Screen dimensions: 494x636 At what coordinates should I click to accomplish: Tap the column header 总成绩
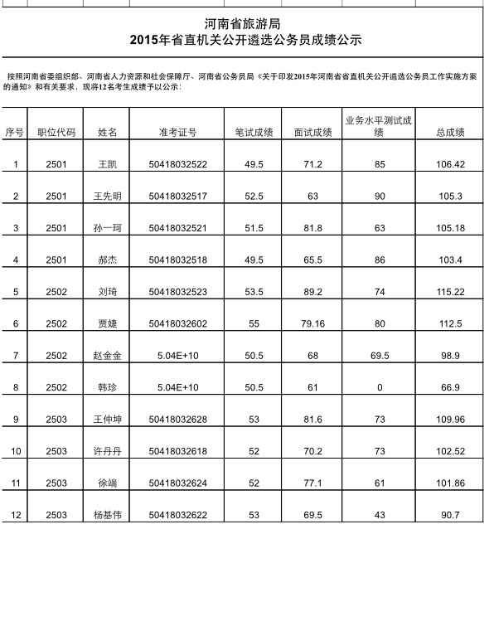tap(449, 132)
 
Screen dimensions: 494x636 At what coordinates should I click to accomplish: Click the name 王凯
tap(108, 164)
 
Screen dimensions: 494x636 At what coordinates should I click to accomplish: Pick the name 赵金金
tap(108, 356)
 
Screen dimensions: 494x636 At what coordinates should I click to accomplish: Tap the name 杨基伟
tap(108, 515)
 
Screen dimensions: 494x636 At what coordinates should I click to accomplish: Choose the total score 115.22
tap(449, 292)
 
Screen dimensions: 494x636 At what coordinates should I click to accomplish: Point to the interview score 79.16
tap(312, 324)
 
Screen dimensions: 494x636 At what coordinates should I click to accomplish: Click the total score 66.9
tap(449, 387)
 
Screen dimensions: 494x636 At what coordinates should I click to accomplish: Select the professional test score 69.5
tap(380, 356)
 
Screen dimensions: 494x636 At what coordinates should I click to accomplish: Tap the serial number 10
tap(15, 451)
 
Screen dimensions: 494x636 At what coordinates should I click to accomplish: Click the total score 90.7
tap(449, 515)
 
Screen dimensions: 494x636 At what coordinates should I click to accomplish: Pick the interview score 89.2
tap(312, 292)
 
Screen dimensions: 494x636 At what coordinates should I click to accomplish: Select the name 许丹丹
tap(108, 451)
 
